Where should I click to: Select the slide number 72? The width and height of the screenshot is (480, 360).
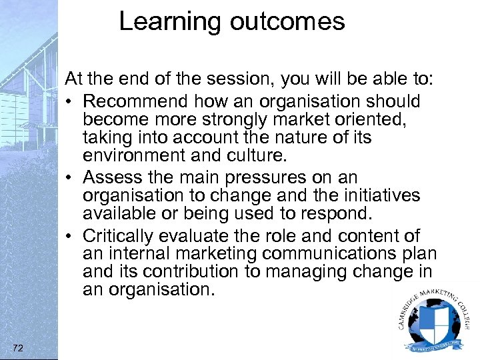coord(18,347)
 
